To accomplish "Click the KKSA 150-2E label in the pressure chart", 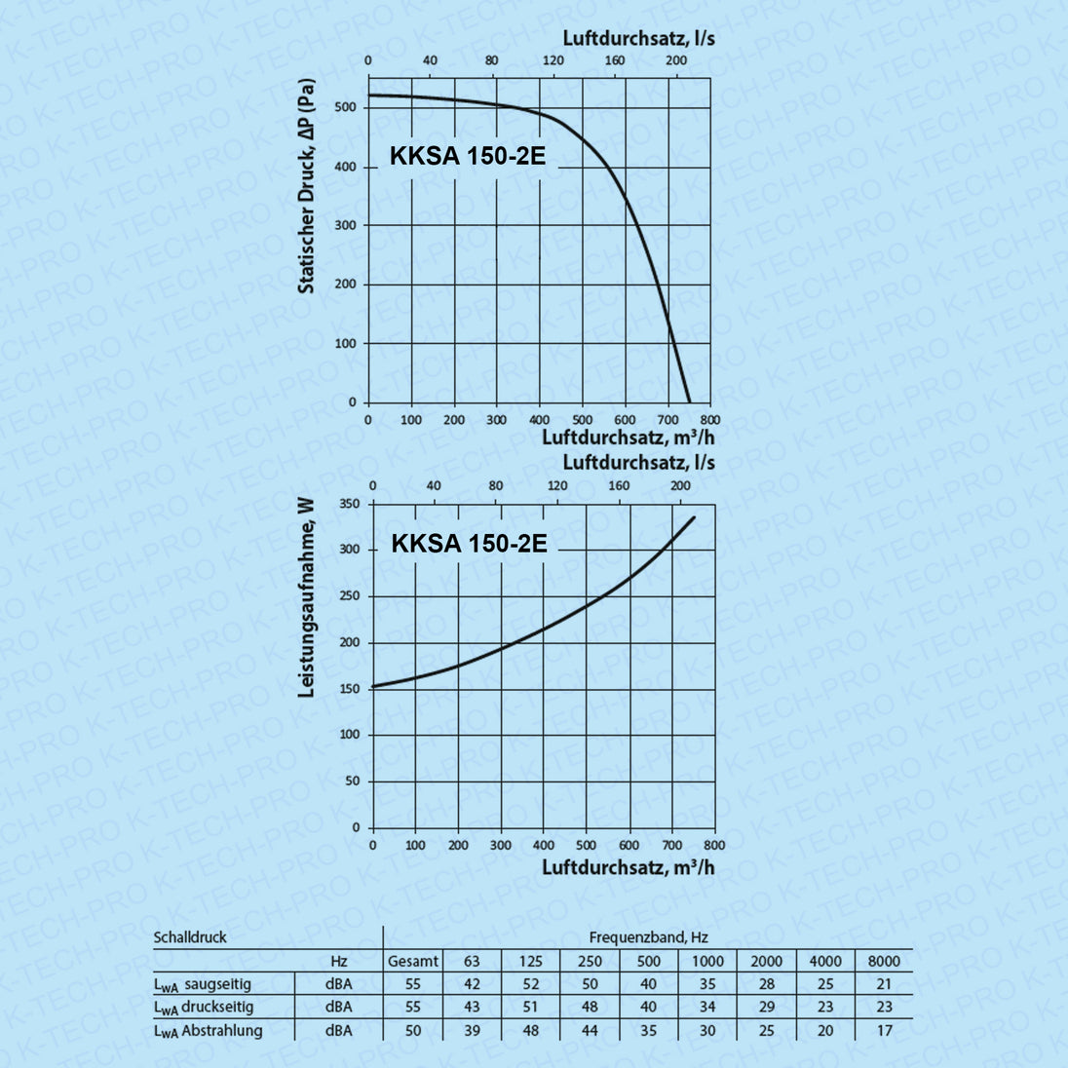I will [468, 156].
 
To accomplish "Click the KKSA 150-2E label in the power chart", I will [469, 543].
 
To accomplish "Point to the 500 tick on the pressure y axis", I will [346, 107].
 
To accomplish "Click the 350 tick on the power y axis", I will [349, 504].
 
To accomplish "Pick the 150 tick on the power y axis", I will [349, 689].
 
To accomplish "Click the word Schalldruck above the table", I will [190, 937].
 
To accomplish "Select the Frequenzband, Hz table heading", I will [648, 937].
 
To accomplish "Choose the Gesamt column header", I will [413, 961].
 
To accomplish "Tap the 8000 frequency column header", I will [884, 961].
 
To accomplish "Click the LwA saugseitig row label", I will [203, 984].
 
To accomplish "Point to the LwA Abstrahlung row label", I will [209, 1030].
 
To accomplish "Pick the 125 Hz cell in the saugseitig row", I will [531, 984].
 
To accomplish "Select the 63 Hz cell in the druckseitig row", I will [473, 1007].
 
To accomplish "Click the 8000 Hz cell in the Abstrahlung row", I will [884, 1030].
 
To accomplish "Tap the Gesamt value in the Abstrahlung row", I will [413, 1030].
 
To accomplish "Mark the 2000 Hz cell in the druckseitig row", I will [767, 1007].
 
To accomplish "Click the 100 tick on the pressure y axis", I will [346, 343].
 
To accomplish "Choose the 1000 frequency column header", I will [708, 961].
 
